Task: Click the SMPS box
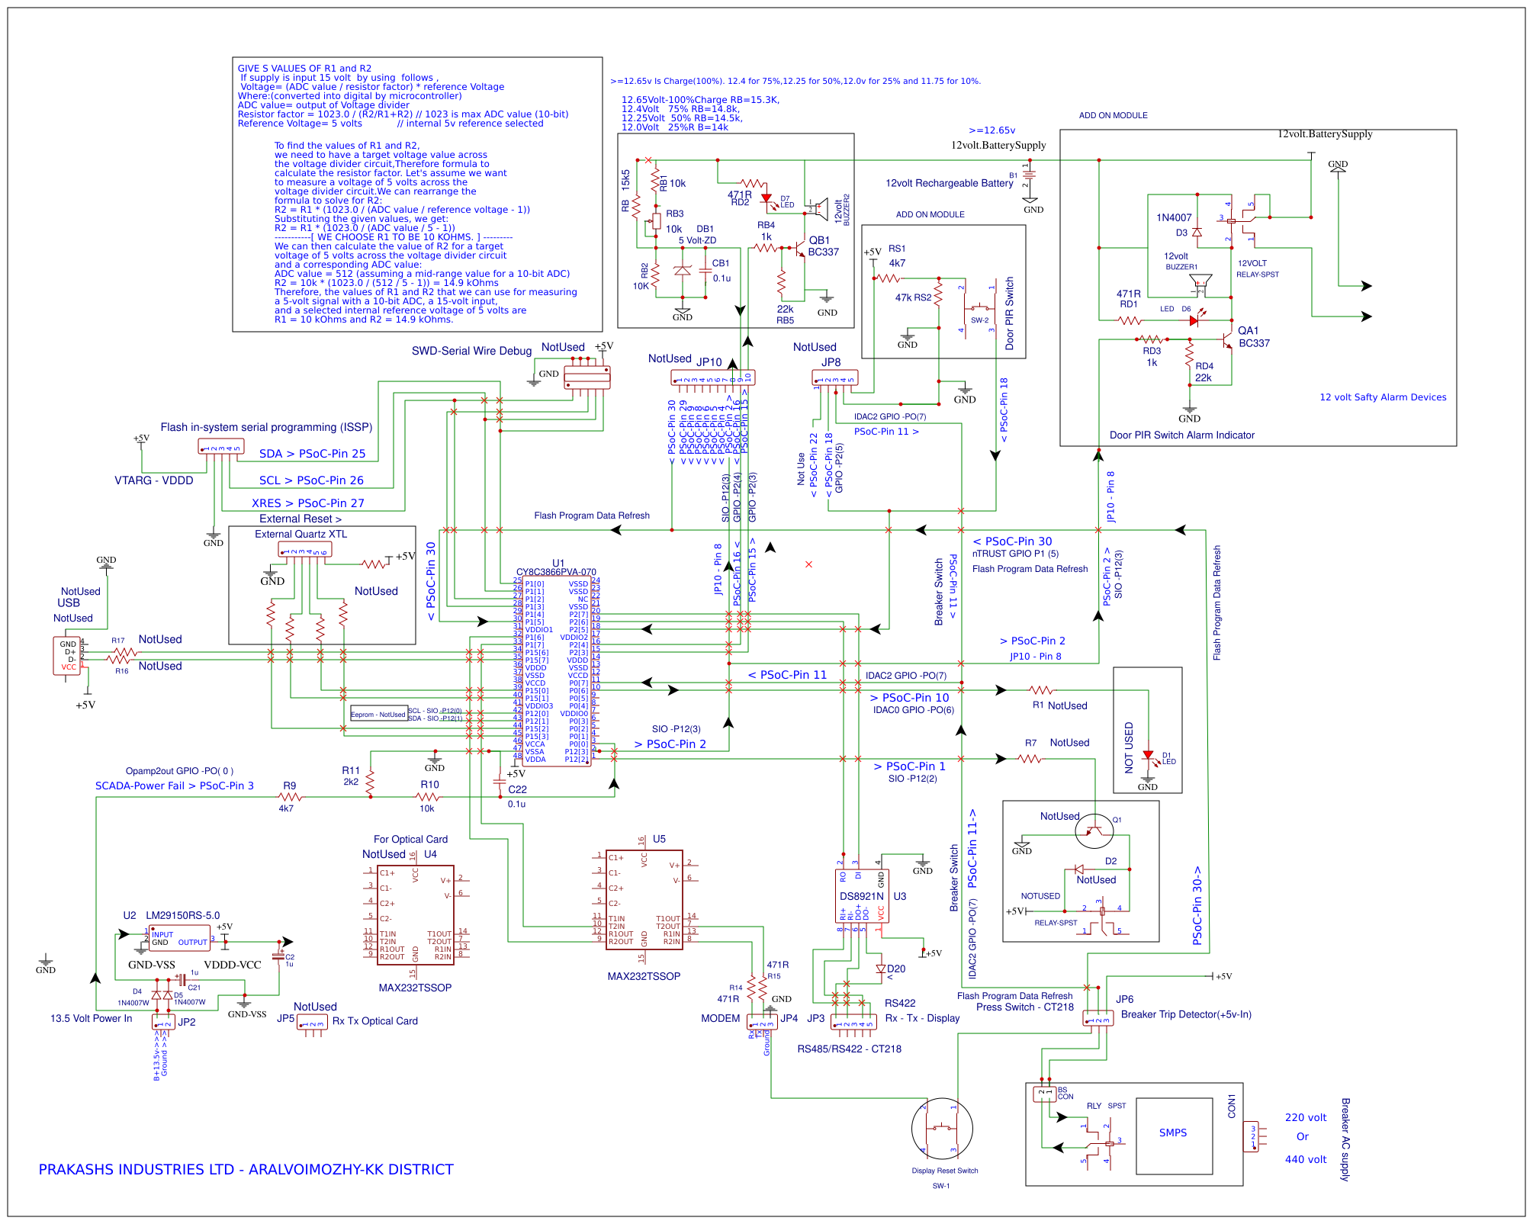[1174, 1135]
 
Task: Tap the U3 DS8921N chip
[861, 897]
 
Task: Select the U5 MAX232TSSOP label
[644, 976]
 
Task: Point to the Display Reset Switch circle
[942, 1129]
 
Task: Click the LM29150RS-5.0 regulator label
[182, 915]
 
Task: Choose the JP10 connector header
[712, 377]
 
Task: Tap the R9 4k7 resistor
[290, 797]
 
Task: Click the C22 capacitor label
[517, 789]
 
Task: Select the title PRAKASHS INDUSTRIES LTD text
[246, 1169]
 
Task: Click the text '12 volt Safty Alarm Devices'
[1382, 397]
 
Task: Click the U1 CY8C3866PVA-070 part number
[556, 572]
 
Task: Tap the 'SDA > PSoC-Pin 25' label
[312, 454]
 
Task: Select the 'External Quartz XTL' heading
[300, 534]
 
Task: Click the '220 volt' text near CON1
[1305, 1117]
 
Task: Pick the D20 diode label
[896, 969]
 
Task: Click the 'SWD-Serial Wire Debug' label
[471, 351]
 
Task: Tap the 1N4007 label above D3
[1173, 217]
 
